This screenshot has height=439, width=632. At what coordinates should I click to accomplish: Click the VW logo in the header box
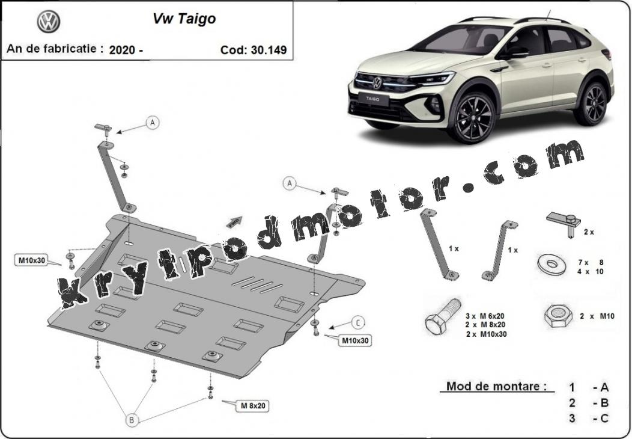pos(49,22)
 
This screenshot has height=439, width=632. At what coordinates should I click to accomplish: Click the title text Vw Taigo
pos(184,19)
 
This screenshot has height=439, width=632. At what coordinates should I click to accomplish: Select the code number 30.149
pos(269,50)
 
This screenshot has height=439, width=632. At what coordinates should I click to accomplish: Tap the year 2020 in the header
pos(123,50)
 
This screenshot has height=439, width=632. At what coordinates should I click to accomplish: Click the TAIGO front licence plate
pos(372,99)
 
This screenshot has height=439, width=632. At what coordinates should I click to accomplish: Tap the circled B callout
pos(132,420)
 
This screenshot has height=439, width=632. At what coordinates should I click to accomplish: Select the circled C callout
pos(358,322)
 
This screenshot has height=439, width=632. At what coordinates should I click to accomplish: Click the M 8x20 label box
pos(253,405)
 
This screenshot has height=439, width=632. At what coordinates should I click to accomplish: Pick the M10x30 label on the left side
pos(32,260)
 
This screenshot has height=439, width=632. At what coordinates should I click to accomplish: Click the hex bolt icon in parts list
pos(443,316)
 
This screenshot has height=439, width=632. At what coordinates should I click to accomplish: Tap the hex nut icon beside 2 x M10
pos(558,315)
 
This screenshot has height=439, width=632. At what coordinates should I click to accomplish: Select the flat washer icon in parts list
pos(551,265)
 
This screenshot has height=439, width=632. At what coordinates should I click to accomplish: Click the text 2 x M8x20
pos(485,324)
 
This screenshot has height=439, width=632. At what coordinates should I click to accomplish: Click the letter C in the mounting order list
pos(604,419)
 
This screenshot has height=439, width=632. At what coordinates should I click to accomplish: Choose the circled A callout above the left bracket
pos(152,122)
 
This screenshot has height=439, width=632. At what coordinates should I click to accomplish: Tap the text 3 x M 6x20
pos(485,316)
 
